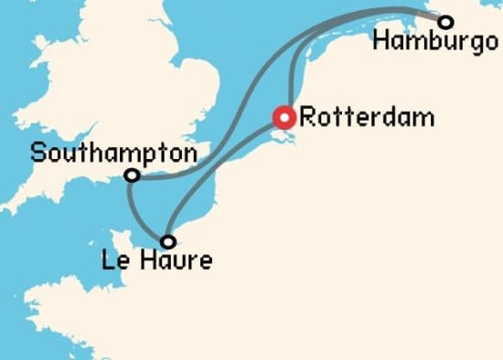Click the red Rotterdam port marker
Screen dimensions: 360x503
(x=285, y=117)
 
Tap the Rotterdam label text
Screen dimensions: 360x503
(x=355, y=117)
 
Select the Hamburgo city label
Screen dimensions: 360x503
(x=430, y=42)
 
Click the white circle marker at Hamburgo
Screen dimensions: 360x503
(x=445, y=22)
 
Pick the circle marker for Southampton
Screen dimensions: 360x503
(x=133, y=175)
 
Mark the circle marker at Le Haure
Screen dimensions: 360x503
(x=167, y=242)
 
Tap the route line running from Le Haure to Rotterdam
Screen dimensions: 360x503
(x=219, y=174)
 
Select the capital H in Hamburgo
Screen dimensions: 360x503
(x=381, y=42)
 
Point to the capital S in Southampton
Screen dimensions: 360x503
(x=37, y=153)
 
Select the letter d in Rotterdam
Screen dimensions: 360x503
(x=376, y=117)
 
